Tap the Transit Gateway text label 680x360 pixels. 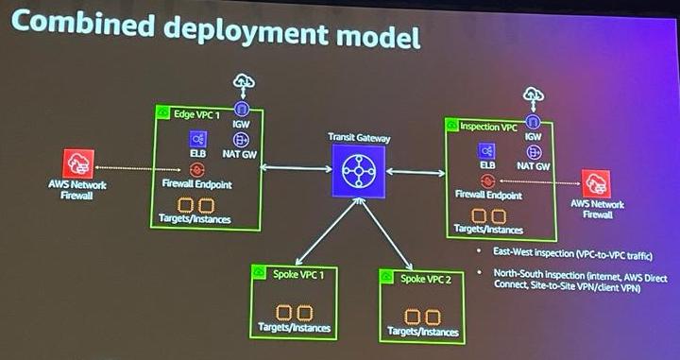(359, 137)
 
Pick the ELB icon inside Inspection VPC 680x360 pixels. (486, 151)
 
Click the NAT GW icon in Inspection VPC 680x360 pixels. (532, 148)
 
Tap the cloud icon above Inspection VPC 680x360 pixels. (534, 94)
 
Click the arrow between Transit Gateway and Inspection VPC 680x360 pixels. (416, 172)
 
